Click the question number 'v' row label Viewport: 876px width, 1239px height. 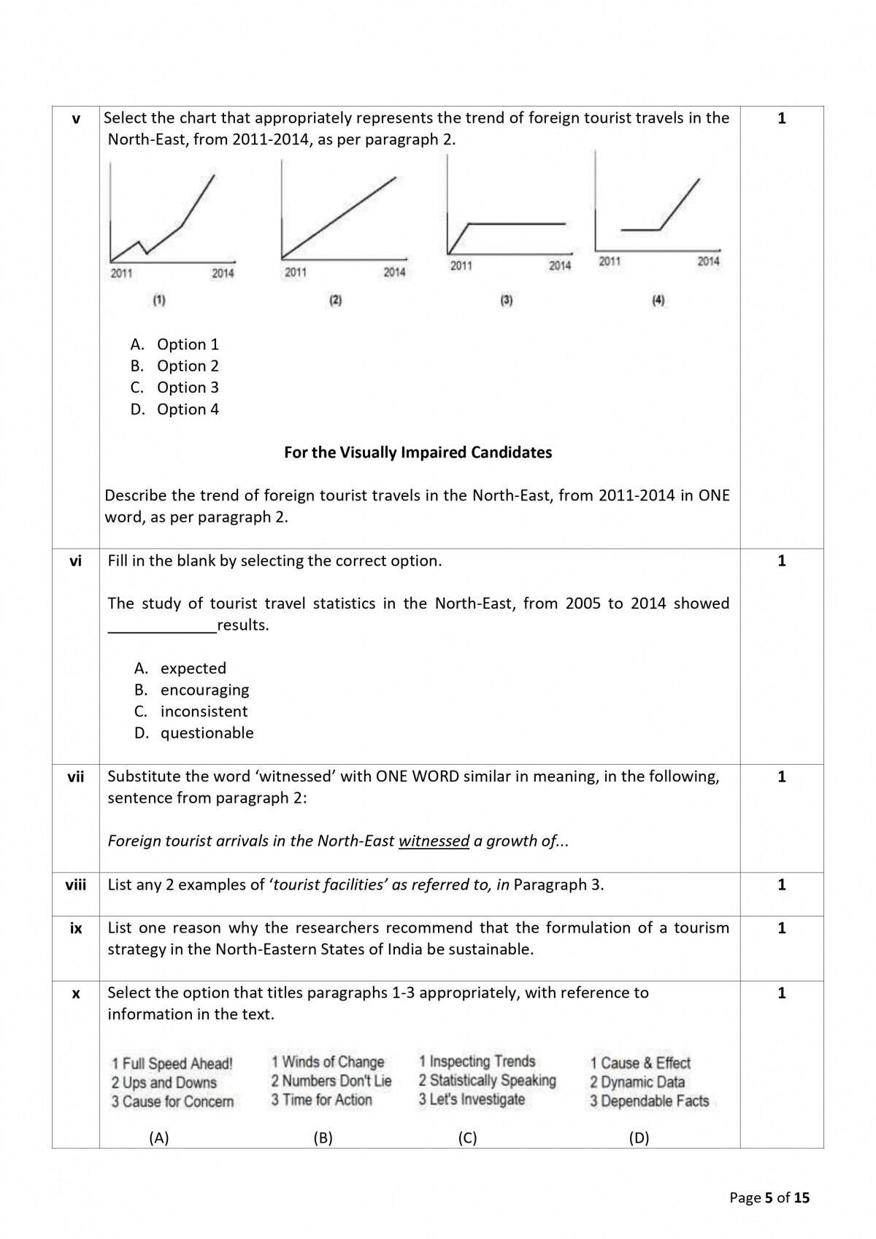coord(76,119)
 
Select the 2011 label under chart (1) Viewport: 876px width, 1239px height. coord(121,274)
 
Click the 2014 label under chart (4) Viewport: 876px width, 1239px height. coord(707,261)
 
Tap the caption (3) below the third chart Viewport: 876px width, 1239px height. coord(506,300)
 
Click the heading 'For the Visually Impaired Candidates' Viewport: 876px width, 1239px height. coord(418,452)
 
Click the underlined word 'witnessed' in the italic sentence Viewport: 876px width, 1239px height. coord(434,841)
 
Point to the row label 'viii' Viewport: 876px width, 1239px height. coord(76,885)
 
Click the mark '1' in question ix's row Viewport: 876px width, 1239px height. coord(782,928)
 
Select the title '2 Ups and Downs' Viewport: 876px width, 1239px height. coord(164,1083)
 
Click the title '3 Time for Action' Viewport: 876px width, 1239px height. coord(321,1100)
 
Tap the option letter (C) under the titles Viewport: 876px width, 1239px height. coord(467,1138)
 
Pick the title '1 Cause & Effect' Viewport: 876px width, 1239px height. coord(640,1063)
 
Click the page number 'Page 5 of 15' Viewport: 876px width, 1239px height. coord(769,1197)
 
